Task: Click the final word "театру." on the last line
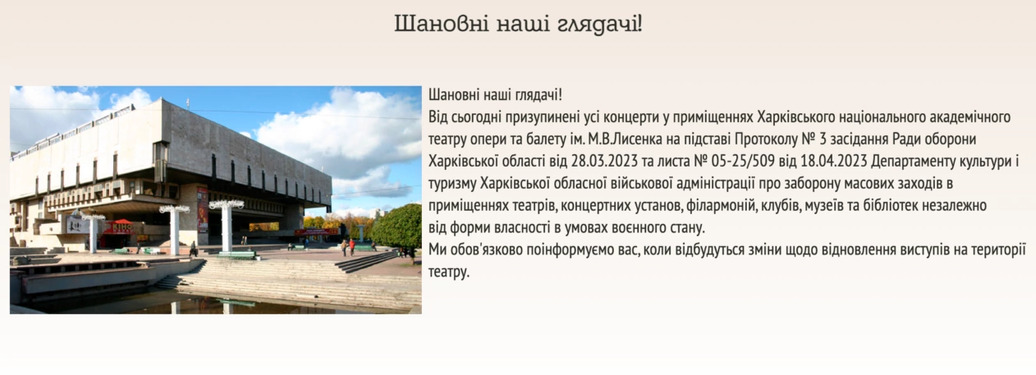448,272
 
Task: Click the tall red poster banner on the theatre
203,210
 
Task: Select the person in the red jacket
352,247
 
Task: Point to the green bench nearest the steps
236,254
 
